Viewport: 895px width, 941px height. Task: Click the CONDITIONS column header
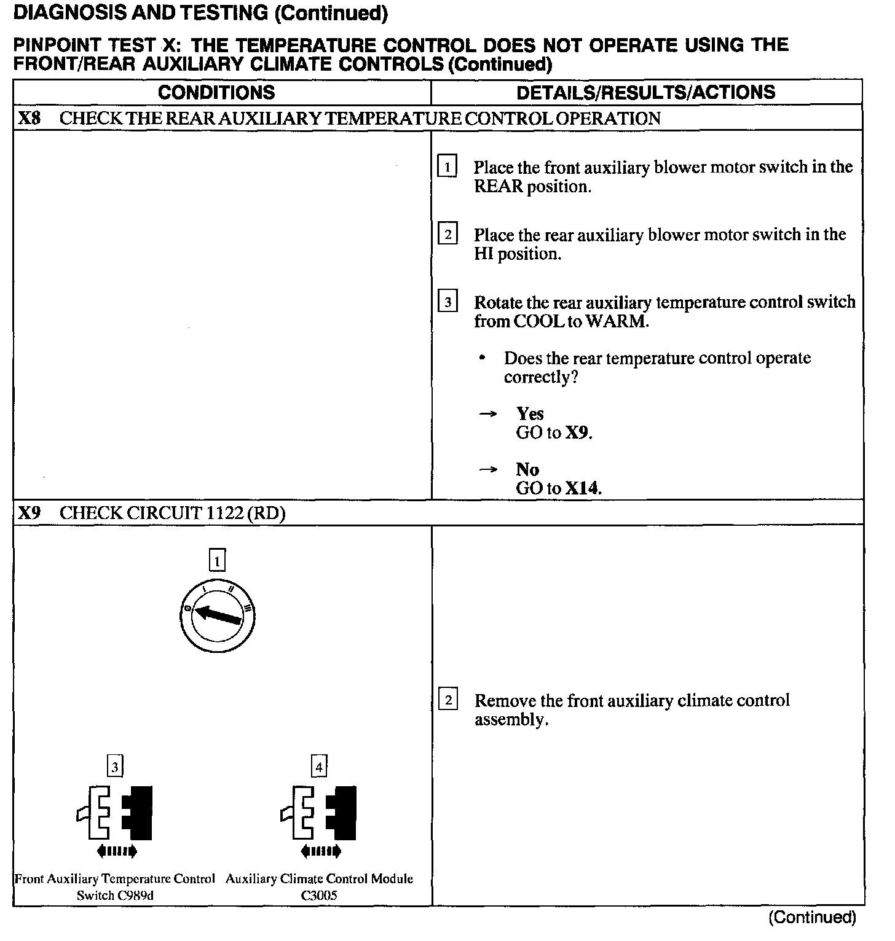[x=216, y=93]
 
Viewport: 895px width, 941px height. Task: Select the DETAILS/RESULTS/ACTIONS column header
[x=645, y=93]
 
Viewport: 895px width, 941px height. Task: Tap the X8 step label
[x=30, y=118]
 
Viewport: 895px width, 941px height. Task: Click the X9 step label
[x=30, y=513]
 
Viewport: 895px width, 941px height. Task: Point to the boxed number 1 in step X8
[x=447, y=167]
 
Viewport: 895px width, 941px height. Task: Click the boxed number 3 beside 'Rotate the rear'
[x=447, y=302]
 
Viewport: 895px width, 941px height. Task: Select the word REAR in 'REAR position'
[x=499, y=187]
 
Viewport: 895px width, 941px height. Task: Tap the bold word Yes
[x=530, y=414]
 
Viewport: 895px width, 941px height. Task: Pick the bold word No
[x=527, y=470]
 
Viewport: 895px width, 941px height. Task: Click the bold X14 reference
[x=582, y=489]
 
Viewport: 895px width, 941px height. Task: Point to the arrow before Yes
[x=488, y=415]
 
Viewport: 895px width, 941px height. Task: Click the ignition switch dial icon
[x=218, y=615]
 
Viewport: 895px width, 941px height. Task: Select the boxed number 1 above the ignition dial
[x=218, y=560]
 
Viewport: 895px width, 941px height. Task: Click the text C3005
[x=319, y=895]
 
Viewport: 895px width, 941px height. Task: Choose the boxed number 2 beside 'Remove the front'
[x=448, y=700]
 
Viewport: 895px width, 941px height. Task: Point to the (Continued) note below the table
[x=812, y=917]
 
